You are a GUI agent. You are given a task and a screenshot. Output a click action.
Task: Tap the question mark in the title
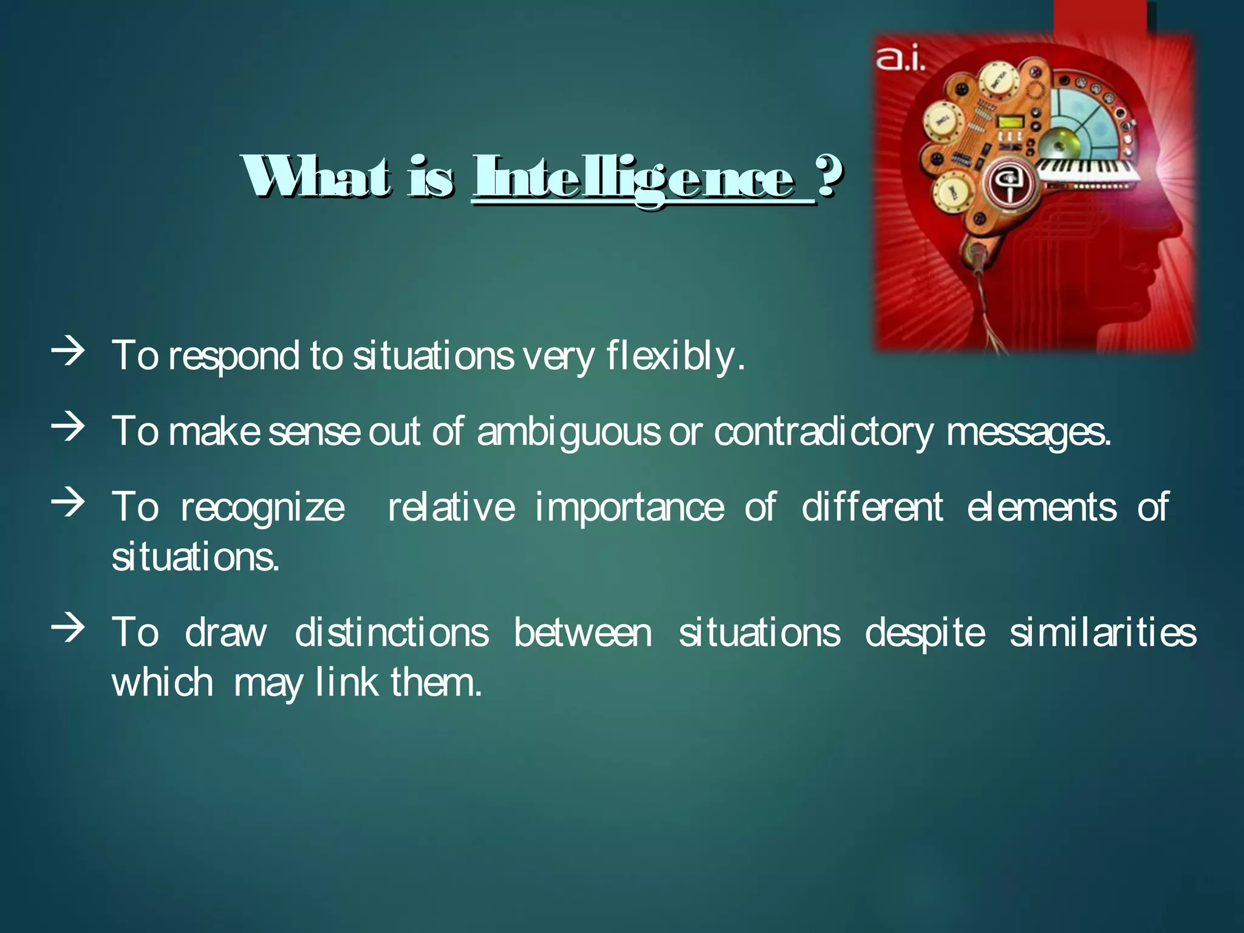(x=829, y=176)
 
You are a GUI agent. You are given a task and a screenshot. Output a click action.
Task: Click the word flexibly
(x=674, y=356)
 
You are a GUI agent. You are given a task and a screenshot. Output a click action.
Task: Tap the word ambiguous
(x=568, y=432)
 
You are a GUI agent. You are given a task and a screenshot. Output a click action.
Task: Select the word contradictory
(x=824, y=432)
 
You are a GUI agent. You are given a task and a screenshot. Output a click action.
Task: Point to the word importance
(x=629, y=508)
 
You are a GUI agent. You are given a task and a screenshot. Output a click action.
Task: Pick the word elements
(x=1041, y=508)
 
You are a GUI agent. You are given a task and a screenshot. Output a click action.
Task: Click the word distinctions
(x=392, y=633)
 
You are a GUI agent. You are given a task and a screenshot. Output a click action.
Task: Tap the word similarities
(x=1102, y=633)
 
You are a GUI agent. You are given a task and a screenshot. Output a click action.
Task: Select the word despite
(x=924, y=633)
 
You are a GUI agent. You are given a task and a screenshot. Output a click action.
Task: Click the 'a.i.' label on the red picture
(x=900, y=61)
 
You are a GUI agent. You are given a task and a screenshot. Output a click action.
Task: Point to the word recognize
(x=262, y=508)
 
